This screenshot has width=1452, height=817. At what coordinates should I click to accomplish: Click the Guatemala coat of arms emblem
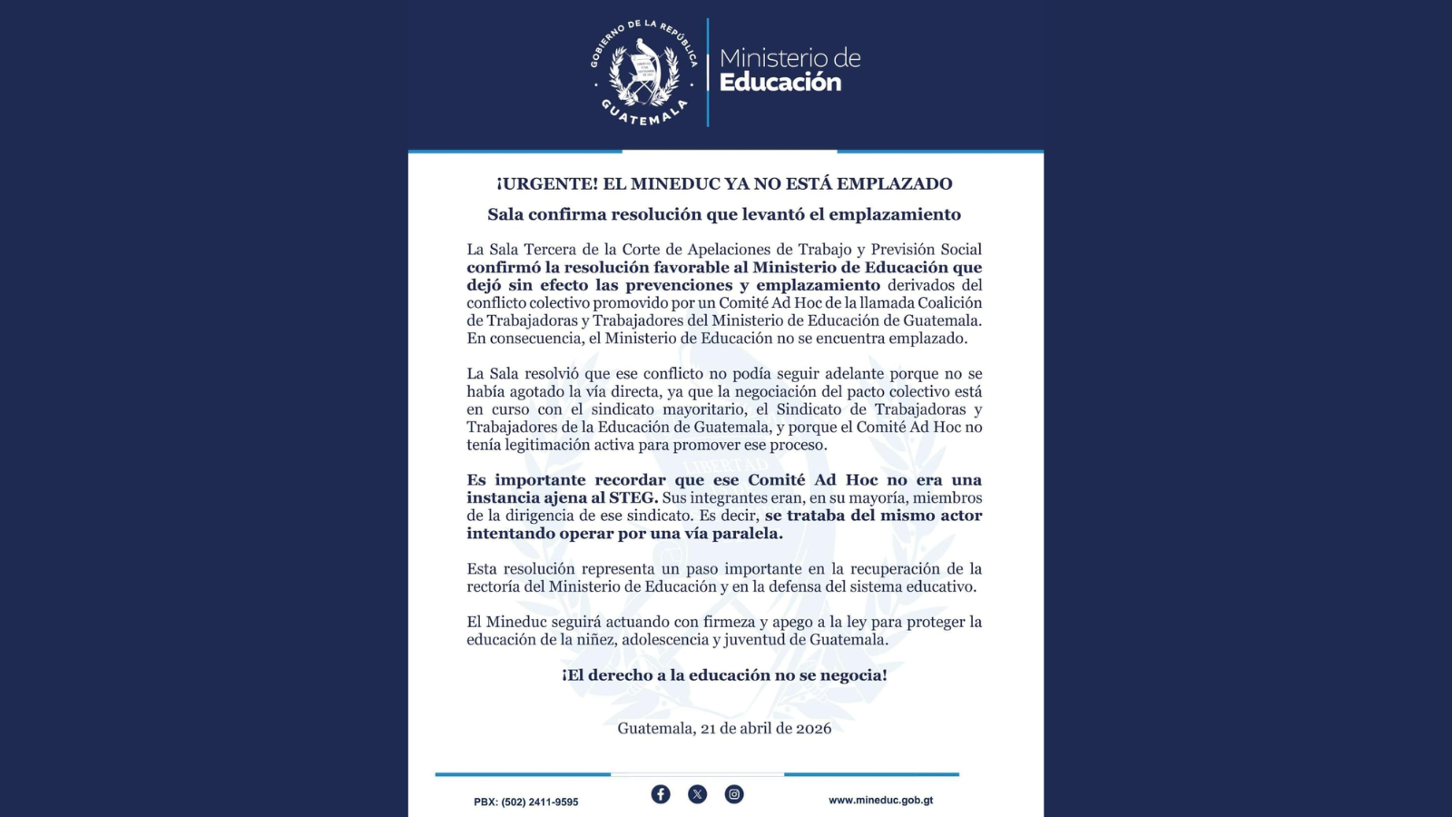[643, 72]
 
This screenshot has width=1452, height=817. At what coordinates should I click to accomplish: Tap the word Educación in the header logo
[780, 83]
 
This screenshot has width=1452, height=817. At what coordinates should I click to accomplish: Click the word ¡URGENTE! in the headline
[547, 183]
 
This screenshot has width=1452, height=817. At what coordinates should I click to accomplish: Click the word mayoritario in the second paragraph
[705, 409]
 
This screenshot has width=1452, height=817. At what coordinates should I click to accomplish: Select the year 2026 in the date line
[813, 728]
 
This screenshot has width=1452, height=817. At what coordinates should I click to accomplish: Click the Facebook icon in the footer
[661, 794]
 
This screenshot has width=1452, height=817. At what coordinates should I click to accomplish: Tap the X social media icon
[697, 794]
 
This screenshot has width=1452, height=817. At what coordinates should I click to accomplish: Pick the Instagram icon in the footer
[734, 794]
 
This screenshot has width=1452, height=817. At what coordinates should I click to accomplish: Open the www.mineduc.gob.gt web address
[880, 801]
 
